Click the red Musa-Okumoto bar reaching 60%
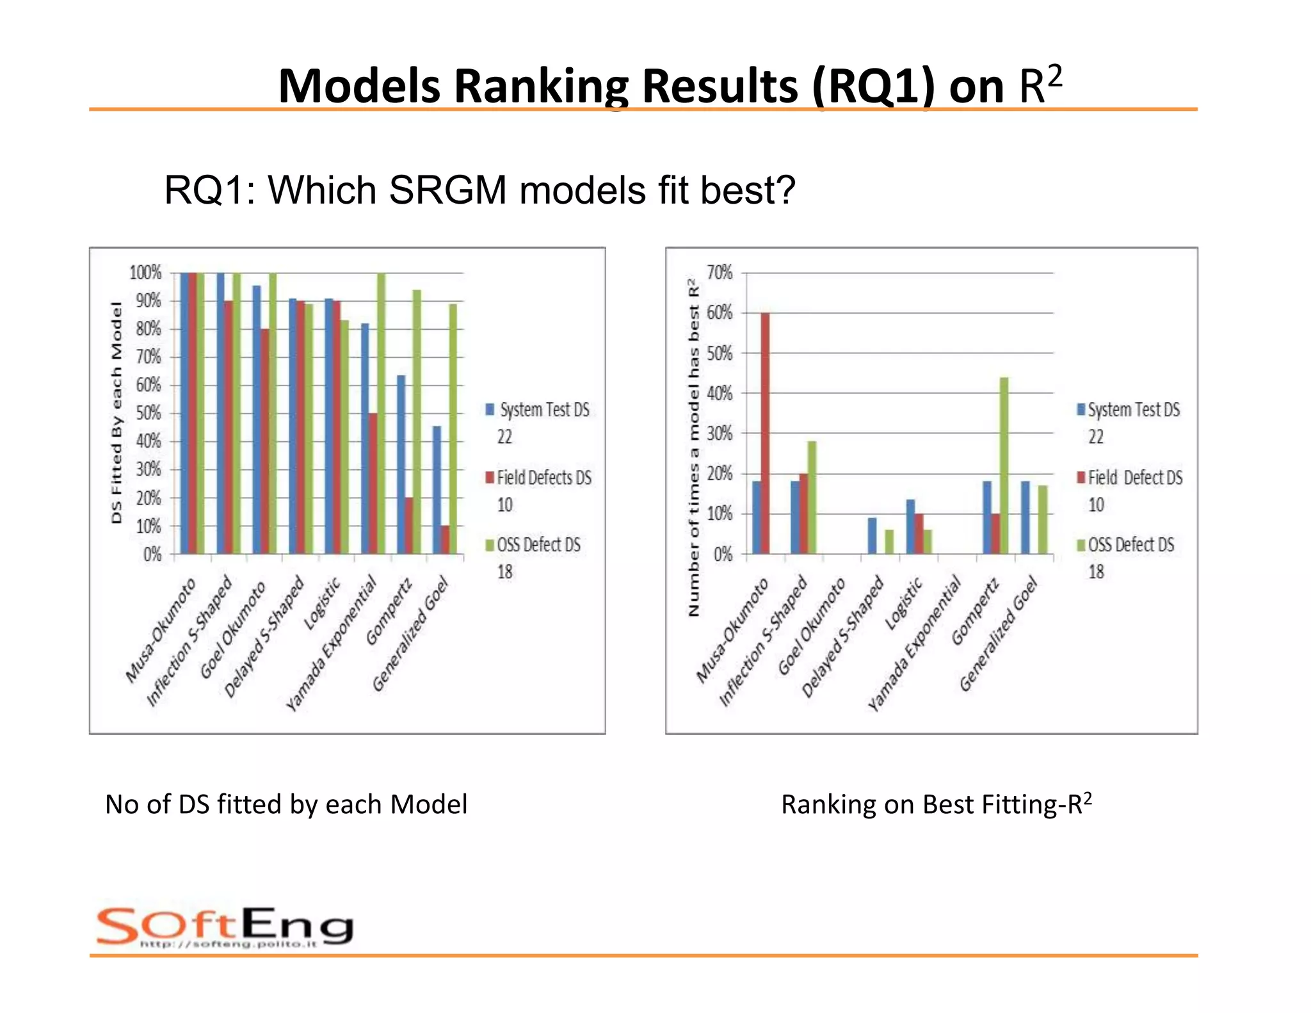coord(765,433)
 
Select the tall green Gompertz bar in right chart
coord(1004,466)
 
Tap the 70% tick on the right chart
coord(720,273)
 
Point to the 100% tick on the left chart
coord(145,273)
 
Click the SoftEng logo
coord(224,927)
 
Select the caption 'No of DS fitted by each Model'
coord(286,804)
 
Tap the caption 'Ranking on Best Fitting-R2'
coord(936,804)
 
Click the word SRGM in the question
coord(447,190)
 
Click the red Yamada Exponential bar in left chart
coord(373,483)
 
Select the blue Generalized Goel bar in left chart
coord(437,490)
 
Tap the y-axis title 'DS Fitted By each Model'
coord(117,412)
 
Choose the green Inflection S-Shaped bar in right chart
coord(812,497)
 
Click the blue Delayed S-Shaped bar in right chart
coord(872,535)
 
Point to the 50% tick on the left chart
coord(148,413)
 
